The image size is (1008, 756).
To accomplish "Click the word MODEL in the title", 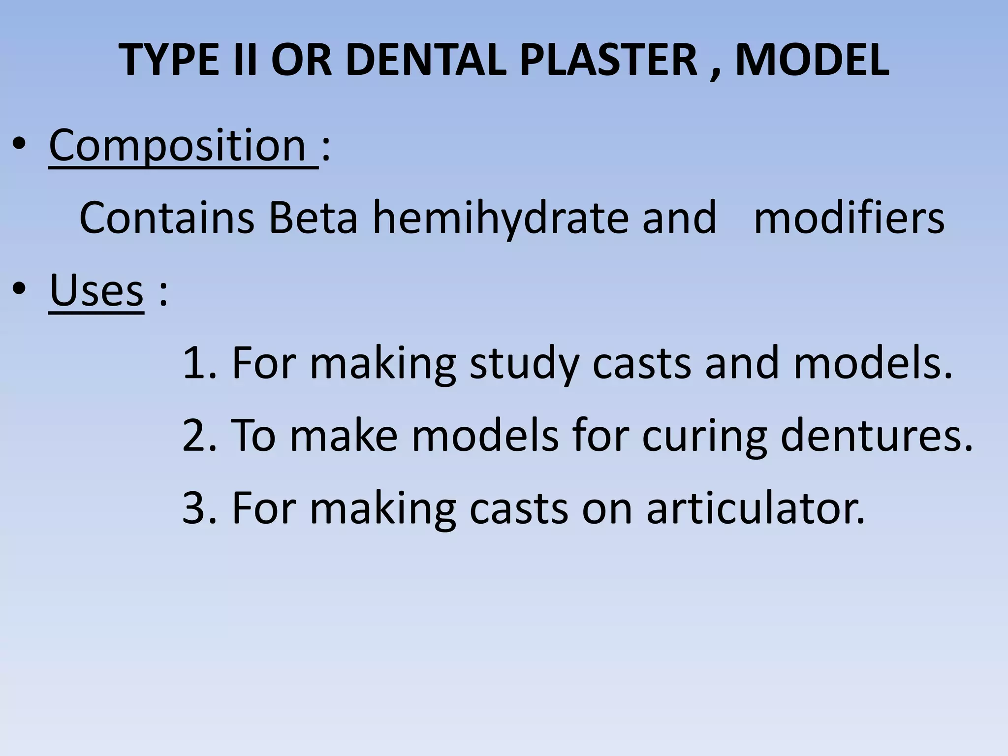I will point(812,60).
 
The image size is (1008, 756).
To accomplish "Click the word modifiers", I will point(849,218).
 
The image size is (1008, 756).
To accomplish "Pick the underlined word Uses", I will point(97,290).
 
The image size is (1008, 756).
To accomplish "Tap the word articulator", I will point(755,508).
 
